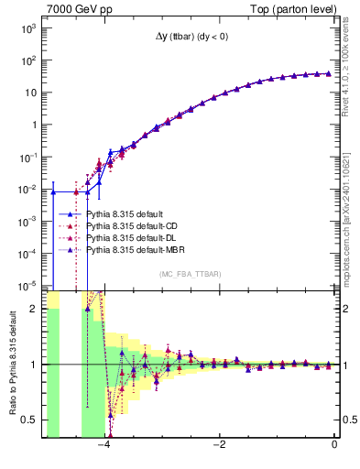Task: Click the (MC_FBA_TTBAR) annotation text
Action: coord(189,274)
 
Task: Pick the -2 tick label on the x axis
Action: coord(220,445)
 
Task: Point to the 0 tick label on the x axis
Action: coord(334,445)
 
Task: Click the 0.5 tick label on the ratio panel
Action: coord(28,420)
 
